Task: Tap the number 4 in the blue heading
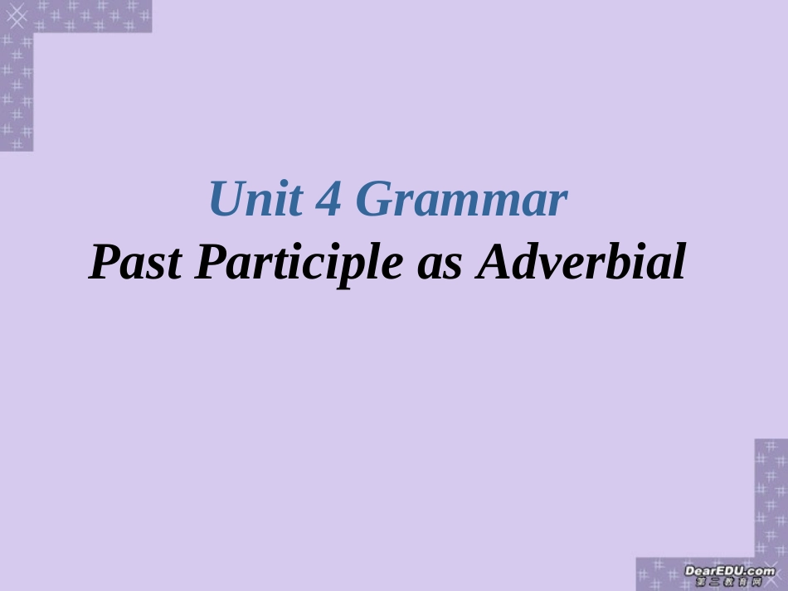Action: click(331, 200)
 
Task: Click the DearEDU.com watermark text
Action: click(729, 571)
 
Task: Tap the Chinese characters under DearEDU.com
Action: click(729, 583)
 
